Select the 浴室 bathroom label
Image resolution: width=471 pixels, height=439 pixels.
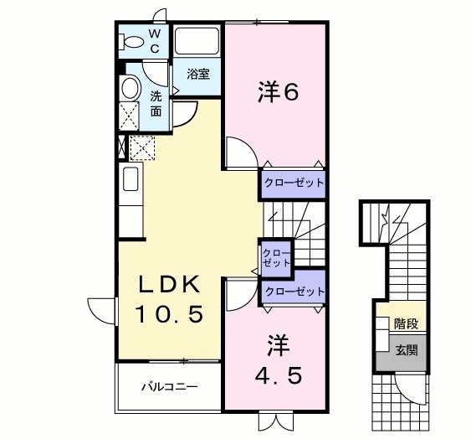198,74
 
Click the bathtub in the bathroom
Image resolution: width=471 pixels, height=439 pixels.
197,41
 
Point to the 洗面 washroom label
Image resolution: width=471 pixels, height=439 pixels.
157,102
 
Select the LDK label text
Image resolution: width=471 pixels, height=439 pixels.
171,286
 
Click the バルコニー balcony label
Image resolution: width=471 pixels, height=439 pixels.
168,388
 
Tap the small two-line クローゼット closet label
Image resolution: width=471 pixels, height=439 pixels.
275,257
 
